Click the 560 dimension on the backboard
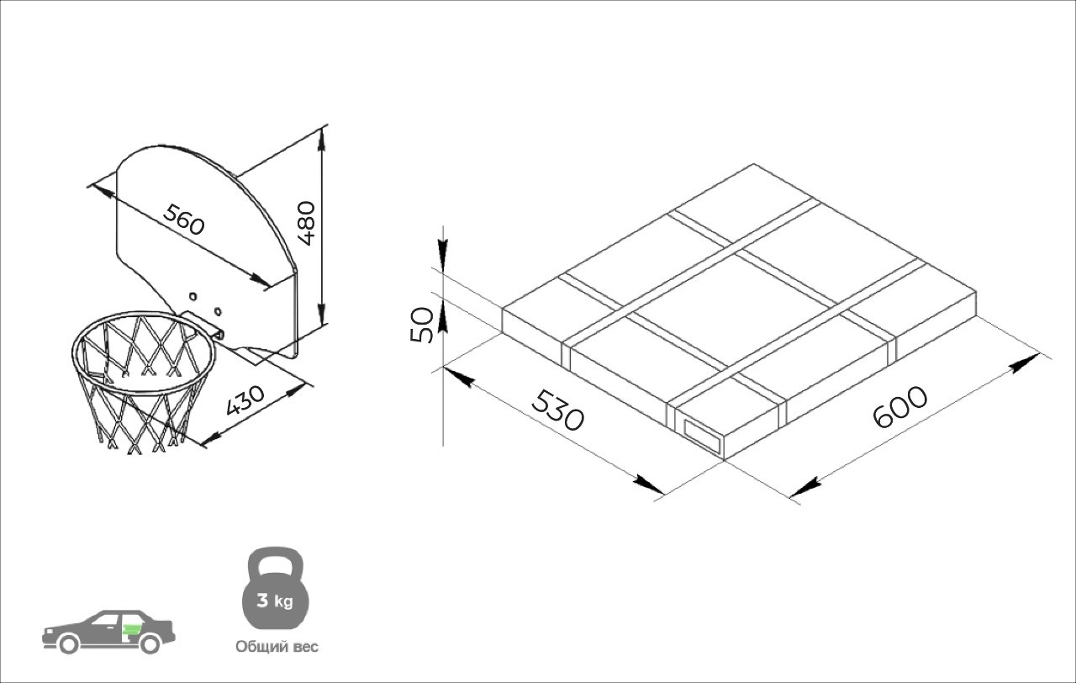pyautogui.click(x=183, y=220)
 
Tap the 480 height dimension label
pyautogui.click(x=307, y=223)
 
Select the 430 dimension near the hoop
pyautogui.click(x=245, y=400)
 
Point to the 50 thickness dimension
pyautogui.click(x=422, y=325)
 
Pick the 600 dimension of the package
pyautogui.click(x=899, y=406)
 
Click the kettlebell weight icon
pyautogui.click(x=275, y=587)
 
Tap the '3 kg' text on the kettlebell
pyautogui.click(x=275, y=601)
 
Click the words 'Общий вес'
pyautogui.click(x=277, y=647)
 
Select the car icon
pyautogui.click(x=108, y=632)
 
